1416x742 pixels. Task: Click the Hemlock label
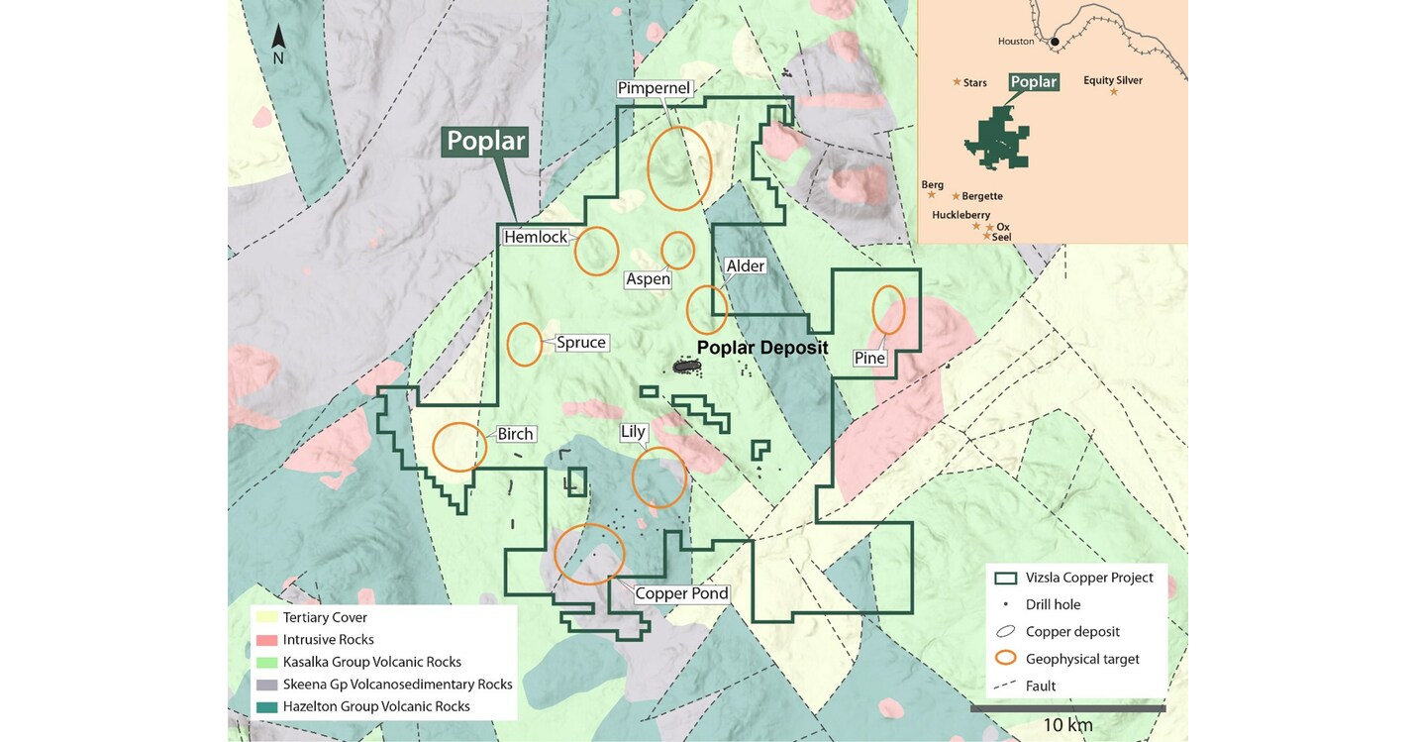(536, 237)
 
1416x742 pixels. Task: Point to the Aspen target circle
(678, 251)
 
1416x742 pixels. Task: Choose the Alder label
(745, 266)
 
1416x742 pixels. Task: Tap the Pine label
(869, 358)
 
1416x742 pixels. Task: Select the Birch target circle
(459, 447)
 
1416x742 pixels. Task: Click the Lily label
(633, 431)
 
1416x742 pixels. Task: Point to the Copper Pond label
(681, 593)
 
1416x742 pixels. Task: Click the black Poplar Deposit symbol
(685, 367)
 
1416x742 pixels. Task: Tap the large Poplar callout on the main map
(485, 142)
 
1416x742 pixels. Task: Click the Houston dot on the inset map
(1055, 42)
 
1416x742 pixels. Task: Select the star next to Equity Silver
(1113, 91)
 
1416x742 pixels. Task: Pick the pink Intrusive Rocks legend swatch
(266, 640)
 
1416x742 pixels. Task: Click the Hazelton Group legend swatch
(266, 706)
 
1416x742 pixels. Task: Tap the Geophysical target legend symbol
(1006, 658)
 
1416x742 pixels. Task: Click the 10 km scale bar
(1066, 708)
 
